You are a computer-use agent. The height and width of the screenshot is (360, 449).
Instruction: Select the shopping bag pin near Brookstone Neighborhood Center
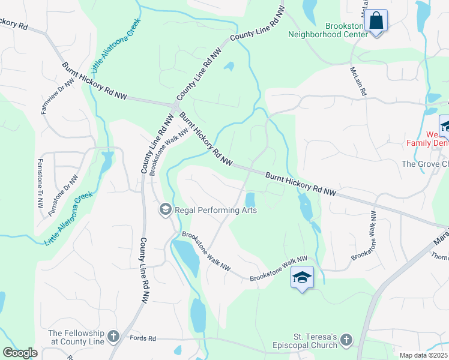[376, 22]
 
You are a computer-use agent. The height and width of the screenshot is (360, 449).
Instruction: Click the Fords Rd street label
[143, 339]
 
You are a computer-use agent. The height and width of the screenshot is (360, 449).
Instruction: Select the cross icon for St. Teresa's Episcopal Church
[346, 340]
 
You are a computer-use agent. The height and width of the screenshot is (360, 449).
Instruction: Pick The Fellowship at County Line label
[76, 337]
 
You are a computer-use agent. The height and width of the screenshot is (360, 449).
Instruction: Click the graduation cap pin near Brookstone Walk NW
[302, 277]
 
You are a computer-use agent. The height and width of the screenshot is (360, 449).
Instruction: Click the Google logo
[20, 353]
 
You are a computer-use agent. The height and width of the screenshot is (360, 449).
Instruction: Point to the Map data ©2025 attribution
[423, 355]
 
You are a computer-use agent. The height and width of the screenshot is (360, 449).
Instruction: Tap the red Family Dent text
[427, 142]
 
